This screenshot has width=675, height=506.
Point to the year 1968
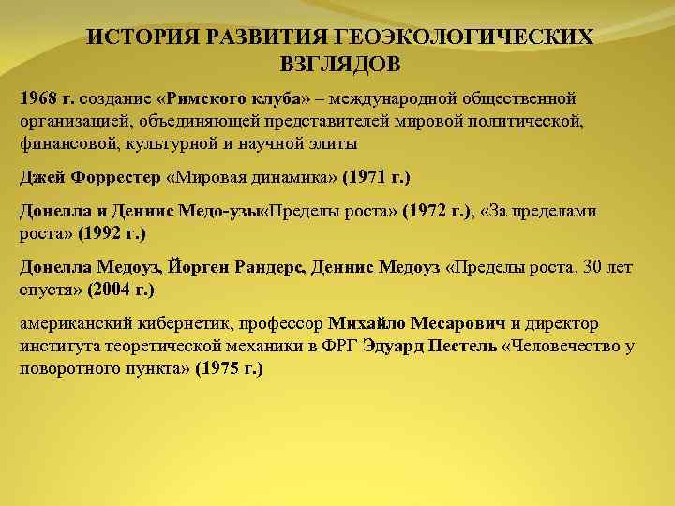click(x=37, y=98)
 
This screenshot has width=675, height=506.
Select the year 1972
click(x=428, y=211)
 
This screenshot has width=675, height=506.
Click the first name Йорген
click(x=204, y=267)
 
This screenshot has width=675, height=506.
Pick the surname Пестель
click(x=463, y=346)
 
